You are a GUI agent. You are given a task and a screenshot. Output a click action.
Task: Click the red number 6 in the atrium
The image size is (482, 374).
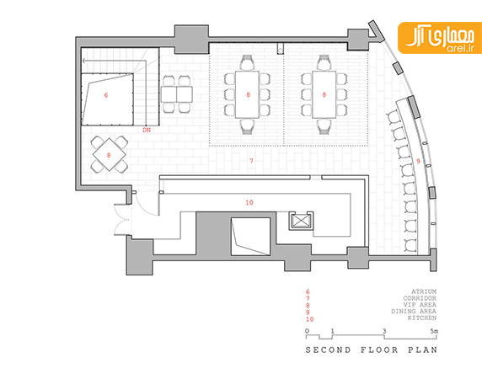(106, 95)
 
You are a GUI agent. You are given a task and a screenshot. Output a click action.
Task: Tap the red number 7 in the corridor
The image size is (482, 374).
(251, 160)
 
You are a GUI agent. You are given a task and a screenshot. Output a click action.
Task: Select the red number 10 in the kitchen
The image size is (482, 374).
(249, 202)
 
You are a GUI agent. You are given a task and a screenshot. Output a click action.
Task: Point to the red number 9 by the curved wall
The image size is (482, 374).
(418, 161)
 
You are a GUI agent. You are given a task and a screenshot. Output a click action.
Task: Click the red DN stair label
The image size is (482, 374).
(147, 130)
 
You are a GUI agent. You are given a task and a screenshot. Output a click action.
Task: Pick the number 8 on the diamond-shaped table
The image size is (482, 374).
(109, 155)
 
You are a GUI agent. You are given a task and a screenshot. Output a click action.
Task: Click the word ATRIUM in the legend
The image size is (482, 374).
(424, 291)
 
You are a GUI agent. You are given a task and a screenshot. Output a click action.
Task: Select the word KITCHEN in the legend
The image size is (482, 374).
(422, 318)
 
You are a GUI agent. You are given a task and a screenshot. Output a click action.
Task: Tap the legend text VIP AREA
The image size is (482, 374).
(420, 305)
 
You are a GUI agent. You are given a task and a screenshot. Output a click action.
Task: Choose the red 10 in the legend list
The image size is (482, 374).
(310, 319)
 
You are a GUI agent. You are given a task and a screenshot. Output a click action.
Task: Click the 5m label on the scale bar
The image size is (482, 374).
(434, 331)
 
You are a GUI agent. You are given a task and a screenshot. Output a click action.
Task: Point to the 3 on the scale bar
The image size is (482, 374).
(384, 331)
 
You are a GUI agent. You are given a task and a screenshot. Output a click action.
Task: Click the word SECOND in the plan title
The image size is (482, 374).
(328, 350)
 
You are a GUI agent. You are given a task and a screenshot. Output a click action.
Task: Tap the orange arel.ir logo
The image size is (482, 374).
(440, 38)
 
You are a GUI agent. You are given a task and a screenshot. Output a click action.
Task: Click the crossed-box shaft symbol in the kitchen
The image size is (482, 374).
(300, 221)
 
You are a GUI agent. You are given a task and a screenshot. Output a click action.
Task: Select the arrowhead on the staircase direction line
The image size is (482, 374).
(85, 61)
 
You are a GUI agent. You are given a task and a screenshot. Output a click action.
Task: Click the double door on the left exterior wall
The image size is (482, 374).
(121, 219)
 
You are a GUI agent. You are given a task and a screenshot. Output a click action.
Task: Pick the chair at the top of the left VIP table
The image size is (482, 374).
(247, 62)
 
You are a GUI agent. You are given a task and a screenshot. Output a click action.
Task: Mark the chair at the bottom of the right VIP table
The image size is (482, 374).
(324, 127)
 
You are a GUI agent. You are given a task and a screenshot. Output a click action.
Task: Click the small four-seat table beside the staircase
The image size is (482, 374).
(176, 94)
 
